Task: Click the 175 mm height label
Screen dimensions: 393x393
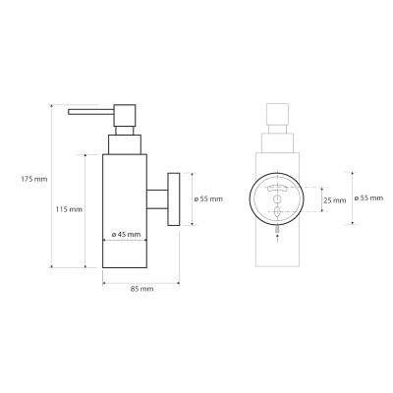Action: click(34, 179)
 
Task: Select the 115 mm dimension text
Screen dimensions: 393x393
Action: click(69, 209)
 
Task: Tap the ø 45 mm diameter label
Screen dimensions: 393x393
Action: click(126, 235)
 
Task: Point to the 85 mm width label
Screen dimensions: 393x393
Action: click(141, 289)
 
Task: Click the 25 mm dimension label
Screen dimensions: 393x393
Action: click(335, 200)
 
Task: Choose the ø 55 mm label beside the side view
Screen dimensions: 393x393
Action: click(208, 199)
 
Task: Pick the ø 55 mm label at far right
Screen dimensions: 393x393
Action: click(368, 198)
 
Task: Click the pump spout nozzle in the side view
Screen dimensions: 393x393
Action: click(90, 112)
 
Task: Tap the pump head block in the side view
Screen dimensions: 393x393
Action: click(125, 115)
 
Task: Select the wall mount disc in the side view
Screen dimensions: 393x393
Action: click(174, 198)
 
